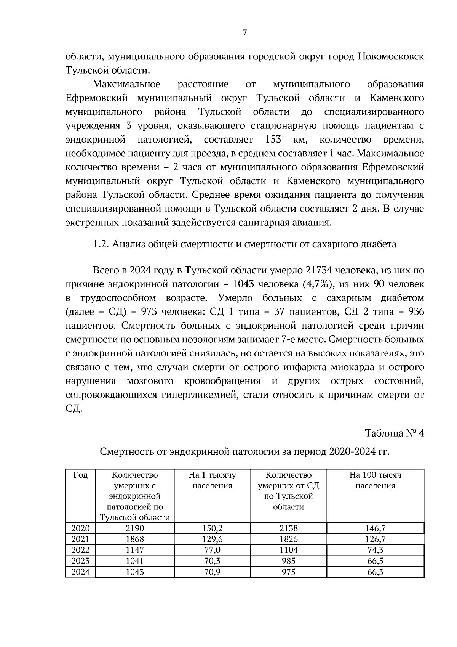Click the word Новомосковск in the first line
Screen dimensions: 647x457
(391, 57)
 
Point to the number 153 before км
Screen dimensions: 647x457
(273, 140)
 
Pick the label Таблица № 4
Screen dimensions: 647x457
(394, 433)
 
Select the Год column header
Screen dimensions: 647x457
(80, 475)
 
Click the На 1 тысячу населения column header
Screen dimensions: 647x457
(212, 480)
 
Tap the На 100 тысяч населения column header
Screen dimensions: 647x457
(375, 480)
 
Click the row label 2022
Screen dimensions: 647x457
(80, 550)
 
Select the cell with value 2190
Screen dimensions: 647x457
(135, 528)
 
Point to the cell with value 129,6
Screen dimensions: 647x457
(212, 539)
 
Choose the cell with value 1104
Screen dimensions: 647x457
(288, 550)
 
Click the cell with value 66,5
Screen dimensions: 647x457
(375, 561)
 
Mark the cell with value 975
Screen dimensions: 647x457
(288, 572)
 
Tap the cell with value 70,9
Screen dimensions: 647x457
(212, 572)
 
